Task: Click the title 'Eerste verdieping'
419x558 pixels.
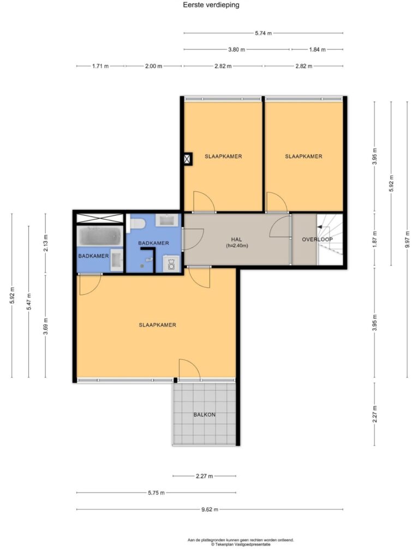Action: pyautogui.click(x=211, y=5)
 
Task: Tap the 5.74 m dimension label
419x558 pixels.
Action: pyautogui.click(x=264, y=33)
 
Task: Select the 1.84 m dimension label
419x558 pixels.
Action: pyautogui.click(x=317, y=50)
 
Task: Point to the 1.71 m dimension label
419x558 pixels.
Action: pyautogui.click(x=100, y=66)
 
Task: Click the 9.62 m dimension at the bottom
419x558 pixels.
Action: pyautogui.click(x=209, y=510)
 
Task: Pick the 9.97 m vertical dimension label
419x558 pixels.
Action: pyautogui.click(x=408, y=239)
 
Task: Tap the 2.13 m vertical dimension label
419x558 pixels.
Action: pyautogui.click(x=46, y=244)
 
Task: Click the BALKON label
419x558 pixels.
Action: pyautogui.click(x=205, y=415)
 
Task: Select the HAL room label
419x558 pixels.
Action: pyautogui.click(x=237, y=240)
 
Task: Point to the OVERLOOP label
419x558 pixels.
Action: pyautogui.click(x=317, y=240)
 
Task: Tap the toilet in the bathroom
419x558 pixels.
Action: pyautogui.click(x=137, y=224)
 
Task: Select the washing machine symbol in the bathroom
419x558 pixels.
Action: pyautogui.click(x=171, y=264)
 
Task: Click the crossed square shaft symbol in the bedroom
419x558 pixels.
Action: pyautogui.click(x=188, y=159)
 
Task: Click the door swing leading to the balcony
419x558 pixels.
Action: pyautogui.click(x=189, y=368)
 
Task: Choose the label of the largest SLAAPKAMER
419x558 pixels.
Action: pyautogui.click(x=158, y=325)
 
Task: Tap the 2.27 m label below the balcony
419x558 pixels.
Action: pyautogui.click(x=205, y=476)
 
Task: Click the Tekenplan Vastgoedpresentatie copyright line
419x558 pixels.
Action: pyautogui.click(x=241, y=544)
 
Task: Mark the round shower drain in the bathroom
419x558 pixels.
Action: pyautogui.click(x=142, y=265)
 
